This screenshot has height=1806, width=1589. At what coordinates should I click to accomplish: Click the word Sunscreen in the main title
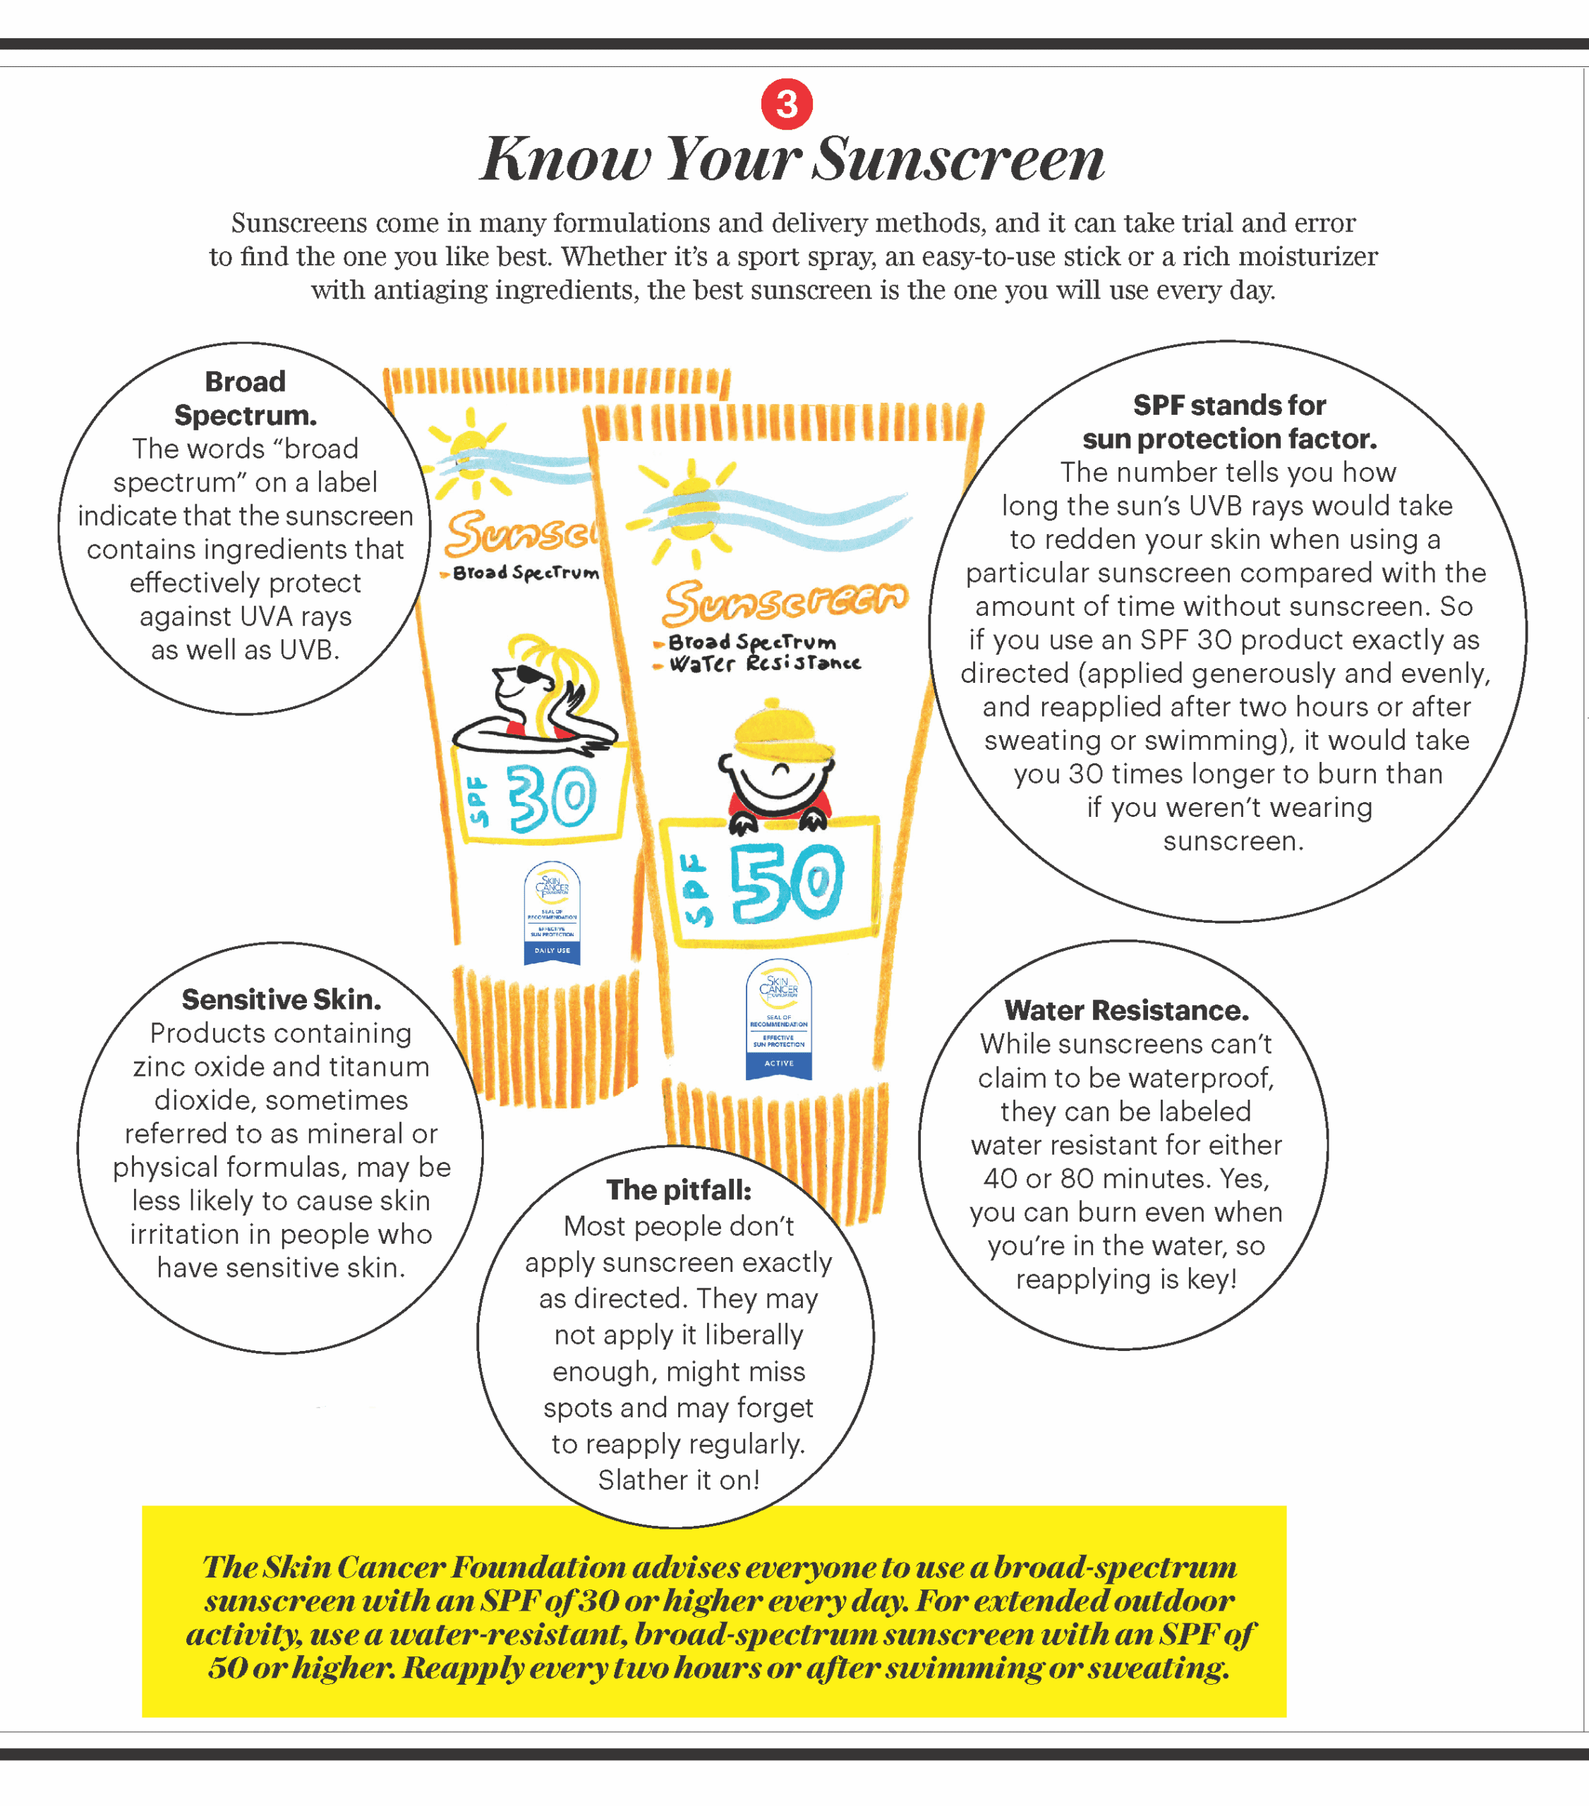click(958, 160)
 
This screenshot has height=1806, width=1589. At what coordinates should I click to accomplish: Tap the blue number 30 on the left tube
click(552, 799)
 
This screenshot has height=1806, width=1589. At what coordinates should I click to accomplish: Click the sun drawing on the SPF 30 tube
click(469, 446)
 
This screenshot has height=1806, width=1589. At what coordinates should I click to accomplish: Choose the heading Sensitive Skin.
click(281, 1000)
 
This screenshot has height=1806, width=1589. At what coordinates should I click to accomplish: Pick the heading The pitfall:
click(679, 1190)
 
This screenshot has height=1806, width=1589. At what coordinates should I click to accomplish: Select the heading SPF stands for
click(1229, 406)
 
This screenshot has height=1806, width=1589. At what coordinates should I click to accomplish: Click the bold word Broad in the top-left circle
click(245, 382)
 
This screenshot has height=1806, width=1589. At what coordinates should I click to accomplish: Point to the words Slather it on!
click(679, 1479)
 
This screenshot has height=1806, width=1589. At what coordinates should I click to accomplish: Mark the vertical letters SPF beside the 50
click(697, 889)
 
